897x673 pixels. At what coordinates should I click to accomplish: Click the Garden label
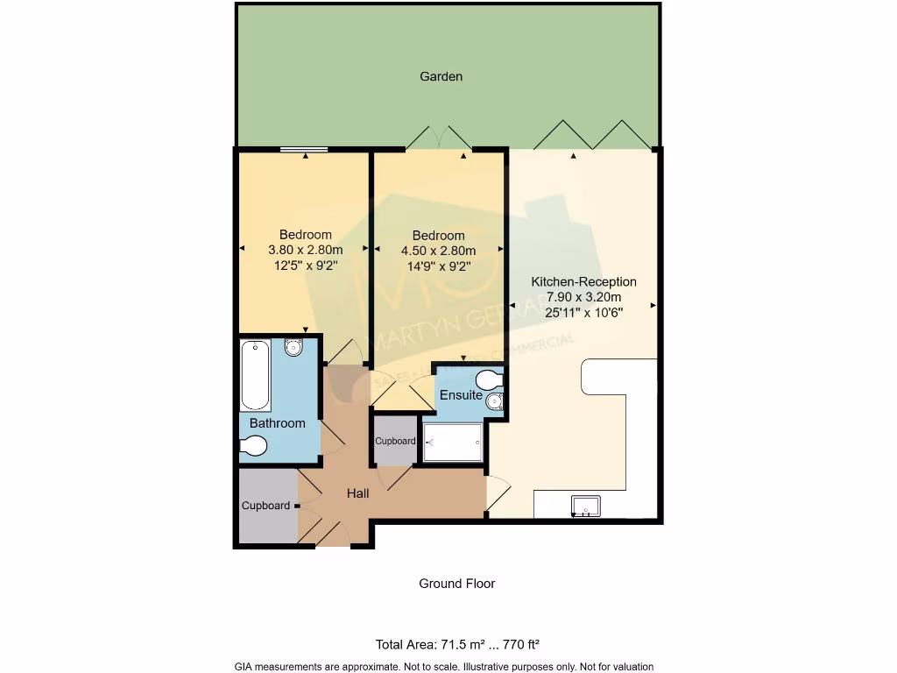click(441, 76)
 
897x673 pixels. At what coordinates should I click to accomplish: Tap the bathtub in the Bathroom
click(256, 375)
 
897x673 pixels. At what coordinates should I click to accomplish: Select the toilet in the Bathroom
click(253, 447)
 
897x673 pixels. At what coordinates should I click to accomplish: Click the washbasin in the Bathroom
click(293, 348)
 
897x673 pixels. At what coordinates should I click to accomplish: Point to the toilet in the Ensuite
click(488, 379)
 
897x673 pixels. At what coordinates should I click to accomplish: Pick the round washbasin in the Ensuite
click(495, 403)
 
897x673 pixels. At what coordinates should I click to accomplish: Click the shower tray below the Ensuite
click(452, 443)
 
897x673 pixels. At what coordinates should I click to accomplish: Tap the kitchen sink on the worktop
click(586, 506)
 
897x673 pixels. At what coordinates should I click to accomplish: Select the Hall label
click(357, 493)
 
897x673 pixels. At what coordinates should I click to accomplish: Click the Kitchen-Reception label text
click(583, 282)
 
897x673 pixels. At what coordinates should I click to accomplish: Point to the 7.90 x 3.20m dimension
click(583, 297)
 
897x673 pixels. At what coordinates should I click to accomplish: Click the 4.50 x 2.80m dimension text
click(438, 251)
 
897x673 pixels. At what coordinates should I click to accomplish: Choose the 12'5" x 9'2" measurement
click(305, 265)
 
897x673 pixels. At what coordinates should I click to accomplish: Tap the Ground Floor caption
click(456, 584)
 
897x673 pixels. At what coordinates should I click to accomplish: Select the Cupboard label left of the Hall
click(265, 506)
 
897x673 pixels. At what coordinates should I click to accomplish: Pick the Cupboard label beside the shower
click(395, 441)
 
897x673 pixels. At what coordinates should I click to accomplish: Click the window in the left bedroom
click(304, 150)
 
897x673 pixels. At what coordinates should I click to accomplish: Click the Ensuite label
click(461, 395)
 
